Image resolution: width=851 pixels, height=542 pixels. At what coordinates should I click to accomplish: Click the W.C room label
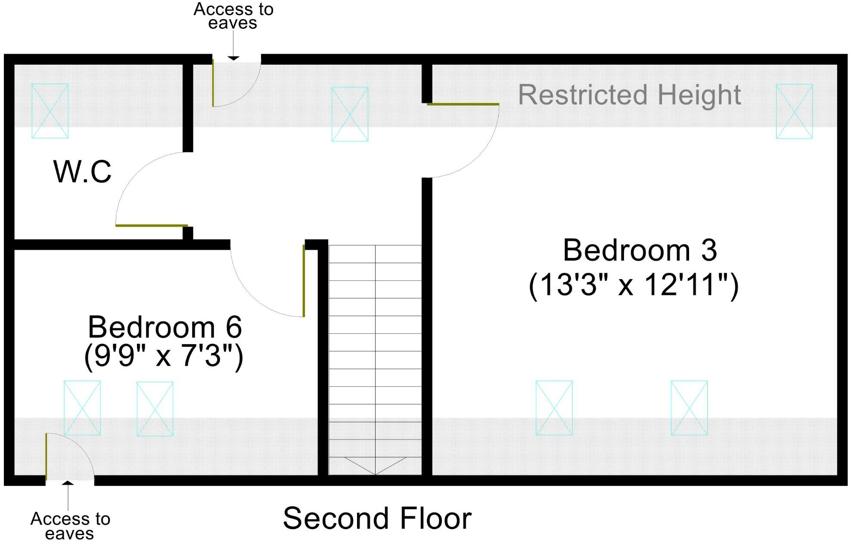click(x=82, y=172)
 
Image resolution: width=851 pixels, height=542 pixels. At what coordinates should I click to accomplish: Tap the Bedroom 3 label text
click(x=640, y=250)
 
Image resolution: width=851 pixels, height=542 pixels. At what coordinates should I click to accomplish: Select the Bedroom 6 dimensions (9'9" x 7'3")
click(x=164, y=356)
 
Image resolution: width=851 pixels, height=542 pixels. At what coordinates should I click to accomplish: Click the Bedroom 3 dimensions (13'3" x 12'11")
click(x=634, y=285)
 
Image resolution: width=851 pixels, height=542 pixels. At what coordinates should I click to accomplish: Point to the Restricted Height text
click(x=629, y=95)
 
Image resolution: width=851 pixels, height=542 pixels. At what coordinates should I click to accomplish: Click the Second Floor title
click(x=377, y=518)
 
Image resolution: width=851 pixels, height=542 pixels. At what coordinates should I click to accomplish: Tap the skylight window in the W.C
click(x=50, y=111)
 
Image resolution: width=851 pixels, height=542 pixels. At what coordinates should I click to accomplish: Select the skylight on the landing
click(x=350, y=114)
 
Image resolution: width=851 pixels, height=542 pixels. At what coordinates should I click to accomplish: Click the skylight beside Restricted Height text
click(x=794, y=111)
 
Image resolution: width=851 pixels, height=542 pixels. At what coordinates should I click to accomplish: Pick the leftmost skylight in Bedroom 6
click(x=82, y=408)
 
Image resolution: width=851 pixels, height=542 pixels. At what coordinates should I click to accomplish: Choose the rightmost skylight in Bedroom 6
click(x=155, y=409)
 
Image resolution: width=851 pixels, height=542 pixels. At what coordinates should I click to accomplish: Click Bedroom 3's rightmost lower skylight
click(x=689, y=408)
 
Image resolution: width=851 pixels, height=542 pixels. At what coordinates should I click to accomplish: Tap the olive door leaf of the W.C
click(x=152, y=225)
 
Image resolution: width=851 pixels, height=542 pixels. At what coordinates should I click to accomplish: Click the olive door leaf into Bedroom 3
click(x=463, y=104)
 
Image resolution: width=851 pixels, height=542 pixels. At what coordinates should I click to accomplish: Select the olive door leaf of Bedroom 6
click(x=304, y=281)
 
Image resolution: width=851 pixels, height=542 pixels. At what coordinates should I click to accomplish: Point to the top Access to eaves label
click(x=233, y=16)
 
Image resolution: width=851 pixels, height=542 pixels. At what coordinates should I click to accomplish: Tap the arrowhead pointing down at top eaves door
click(x=233, y=58)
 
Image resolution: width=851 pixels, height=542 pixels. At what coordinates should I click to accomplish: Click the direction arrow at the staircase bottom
click(x=375, y=465)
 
